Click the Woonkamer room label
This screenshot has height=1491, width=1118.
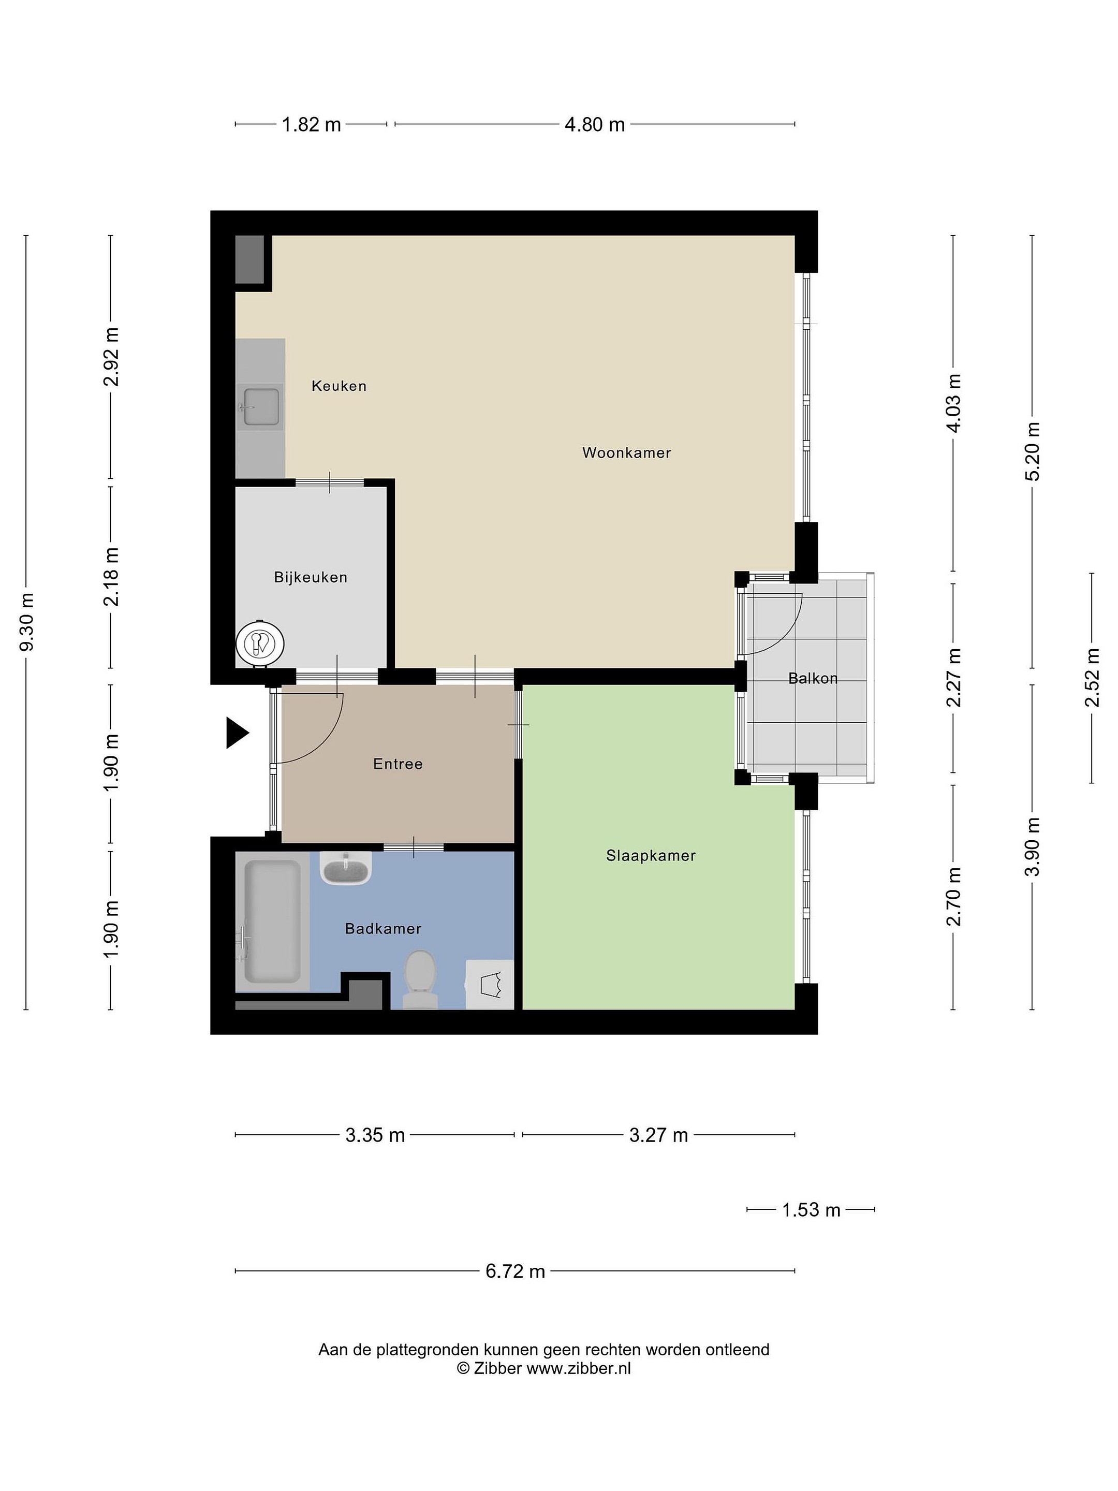tap(626, 452)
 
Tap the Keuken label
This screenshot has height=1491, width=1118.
tap(339, 386)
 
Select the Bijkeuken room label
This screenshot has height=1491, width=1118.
tap(311, 577)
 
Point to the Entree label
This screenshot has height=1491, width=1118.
tap(398, 764)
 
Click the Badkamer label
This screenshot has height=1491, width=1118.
tap(383, 928)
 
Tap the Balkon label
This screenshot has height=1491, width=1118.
tap(813, 678)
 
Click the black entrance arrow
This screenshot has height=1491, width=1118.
tap(237, 733)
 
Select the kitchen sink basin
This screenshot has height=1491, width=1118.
tap(261, 406)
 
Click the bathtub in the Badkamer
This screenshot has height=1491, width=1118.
tap(272, 922)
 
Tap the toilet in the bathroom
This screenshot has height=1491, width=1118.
tap(419, 978)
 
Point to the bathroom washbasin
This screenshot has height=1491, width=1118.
tap(346, 868)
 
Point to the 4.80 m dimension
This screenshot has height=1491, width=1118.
tap(594, 124)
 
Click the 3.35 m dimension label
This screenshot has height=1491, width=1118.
tap(375, 1135)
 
